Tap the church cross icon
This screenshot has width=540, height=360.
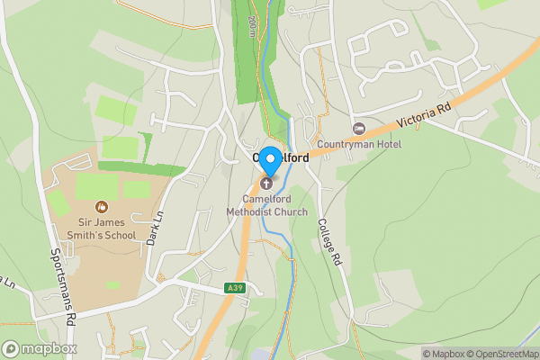(x=265, y=184)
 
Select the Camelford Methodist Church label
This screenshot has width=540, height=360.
(x=274, y=205)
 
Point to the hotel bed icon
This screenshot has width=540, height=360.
(x=359, y=130)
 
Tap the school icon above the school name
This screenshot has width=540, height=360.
(x=100, y=208)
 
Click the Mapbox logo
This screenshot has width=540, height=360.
(x=40, y=348)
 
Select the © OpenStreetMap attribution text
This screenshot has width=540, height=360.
(x=499, y=354)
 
